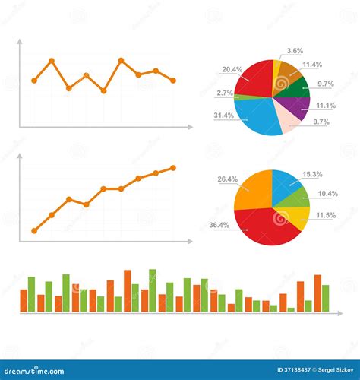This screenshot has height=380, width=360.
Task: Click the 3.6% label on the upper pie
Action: [295, 51]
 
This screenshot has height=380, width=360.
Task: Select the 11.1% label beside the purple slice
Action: [326, 105]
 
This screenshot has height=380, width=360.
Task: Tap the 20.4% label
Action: [232, 69]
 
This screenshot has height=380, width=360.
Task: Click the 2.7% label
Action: [224, 93]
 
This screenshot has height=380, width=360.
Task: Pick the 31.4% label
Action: [224, 116]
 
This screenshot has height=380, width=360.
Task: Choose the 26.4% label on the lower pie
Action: [227, 179]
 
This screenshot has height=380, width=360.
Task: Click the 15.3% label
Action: [312, 174]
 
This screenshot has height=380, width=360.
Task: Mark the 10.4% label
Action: [328, 194]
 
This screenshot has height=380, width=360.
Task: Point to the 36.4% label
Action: [219, 225]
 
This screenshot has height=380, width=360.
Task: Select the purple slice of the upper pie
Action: [300, 107]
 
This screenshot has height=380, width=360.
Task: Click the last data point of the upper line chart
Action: [173, 80]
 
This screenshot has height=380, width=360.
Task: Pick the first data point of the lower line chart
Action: [34, 230]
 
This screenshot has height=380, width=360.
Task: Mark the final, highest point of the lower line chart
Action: [173, 167]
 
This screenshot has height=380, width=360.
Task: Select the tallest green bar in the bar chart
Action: [153, 290]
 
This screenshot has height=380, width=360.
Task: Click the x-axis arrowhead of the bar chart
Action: [339, 313]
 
